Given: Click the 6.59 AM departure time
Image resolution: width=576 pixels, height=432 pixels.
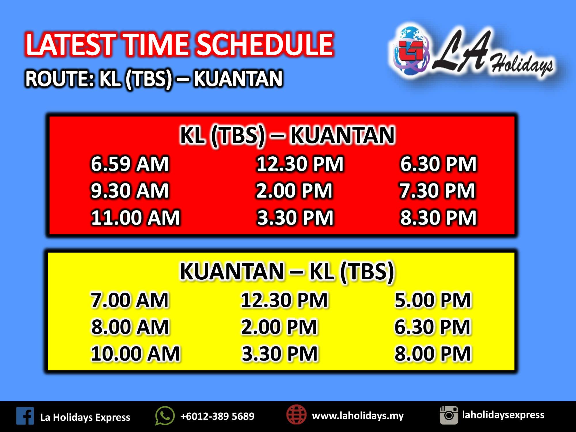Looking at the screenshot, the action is [130, 164].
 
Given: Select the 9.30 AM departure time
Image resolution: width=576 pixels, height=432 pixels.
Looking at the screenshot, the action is [130, 191].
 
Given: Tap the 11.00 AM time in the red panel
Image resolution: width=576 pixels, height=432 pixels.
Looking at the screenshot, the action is [135, 217].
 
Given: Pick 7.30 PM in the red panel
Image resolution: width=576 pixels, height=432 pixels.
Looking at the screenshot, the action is [437, 191].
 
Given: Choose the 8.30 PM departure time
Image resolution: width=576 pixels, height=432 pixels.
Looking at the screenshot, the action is [438, 217].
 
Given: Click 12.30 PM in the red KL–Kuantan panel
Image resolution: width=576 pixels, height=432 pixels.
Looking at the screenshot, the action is [300, 164].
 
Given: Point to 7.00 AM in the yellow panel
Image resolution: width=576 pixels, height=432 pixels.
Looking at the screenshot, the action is [130, 300].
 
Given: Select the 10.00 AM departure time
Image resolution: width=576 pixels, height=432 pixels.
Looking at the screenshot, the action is [135, 354].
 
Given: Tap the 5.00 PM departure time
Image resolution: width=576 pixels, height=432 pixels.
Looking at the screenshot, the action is [433, 300].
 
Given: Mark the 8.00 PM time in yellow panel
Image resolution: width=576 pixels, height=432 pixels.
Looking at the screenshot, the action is [433, 354].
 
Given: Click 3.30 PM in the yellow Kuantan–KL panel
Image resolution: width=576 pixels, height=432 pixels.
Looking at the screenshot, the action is [280, 354].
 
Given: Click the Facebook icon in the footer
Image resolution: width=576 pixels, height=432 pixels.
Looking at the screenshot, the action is [25, 416].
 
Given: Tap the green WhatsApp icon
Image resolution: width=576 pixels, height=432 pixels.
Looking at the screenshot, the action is [165, 416].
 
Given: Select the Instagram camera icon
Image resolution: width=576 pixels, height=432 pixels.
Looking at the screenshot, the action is [449, 415].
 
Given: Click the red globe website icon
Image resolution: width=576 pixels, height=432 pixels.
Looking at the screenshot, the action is [296, 415].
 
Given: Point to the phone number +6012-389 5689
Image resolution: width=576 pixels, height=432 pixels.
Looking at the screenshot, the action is [217, 416].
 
